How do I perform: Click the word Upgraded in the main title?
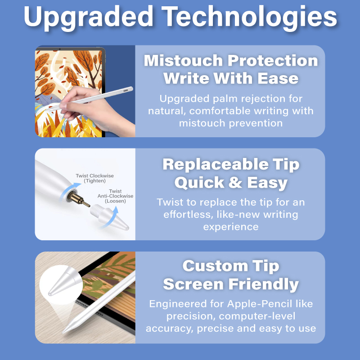88,17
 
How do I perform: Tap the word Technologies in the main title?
249,17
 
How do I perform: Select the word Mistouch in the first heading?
183,61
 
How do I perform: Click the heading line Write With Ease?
231,78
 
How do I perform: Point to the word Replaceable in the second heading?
216,164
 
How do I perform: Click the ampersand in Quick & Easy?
235,183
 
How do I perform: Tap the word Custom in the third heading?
215,266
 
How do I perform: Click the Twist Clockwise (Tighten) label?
94,178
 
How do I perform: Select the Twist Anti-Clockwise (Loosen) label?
115,196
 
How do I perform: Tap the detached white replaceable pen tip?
109,217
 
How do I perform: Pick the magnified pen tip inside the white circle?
63,282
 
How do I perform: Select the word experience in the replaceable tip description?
231,227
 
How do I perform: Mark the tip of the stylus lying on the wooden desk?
63,332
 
